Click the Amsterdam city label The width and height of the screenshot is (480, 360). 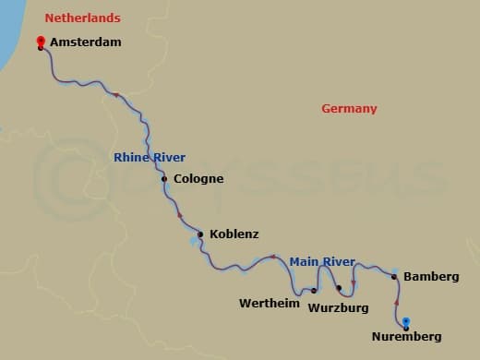[87, 42]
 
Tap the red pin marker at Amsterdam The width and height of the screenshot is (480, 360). [41, 41]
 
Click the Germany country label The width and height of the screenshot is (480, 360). [349, 109]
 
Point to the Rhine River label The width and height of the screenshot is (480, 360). [150, 157]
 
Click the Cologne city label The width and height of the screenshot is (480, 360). [198, 178]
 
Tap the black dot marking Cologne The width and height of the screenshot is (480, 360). [164, 179]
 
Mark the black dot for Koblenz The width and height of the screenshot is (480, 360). [200, 234]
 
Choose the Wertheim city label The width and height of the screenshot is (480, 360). [269, 303]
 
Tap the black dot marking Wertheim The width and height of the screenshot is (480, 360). [313, 290]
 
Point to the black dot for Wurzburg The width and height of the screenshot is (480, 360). [339, 288]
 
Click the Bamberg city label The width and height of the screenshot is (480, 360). [432, 276]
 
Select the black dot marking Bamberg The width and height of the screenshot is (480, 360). [394, 276]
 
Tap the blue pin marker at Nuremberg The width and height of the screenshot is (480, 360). [406, 321]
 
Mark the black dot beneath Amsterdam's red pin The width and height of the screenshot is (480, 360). [41, 47]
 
